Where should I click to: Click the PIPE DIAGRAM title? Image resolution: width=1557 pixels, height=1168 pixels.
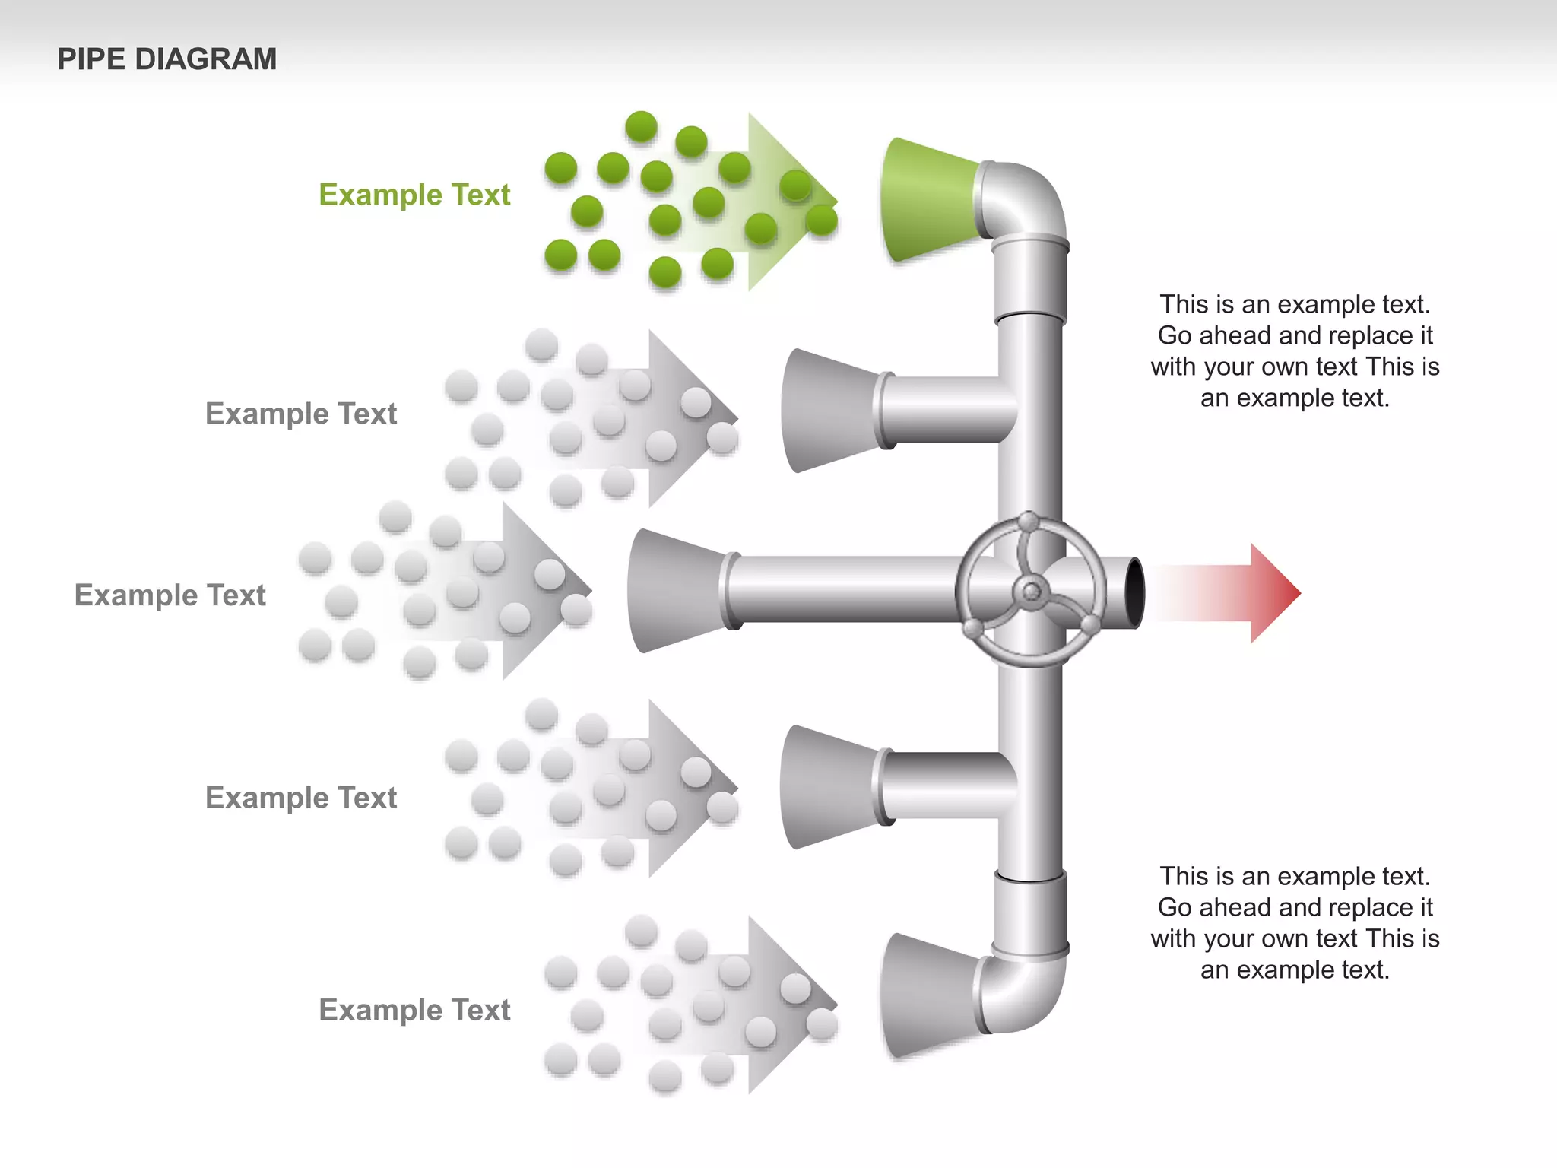click(x=166, y=59)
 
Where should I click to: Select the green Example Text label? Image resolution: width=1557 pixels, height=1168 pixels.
click(x=414, y=195)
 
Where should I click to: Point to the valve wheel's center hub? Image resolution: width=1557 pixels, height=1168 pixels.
click(x=1031, y=591)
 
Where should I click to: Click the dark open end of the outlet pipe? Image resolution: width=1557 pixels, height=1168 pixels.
click(x=1134, y=592)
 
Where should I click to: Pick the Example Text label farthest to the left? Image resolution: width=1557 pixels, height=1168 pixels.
click(x=170, y=595)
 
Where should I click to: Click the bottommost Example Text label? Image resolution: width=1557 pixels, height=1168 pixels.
click(x=414, y=1010)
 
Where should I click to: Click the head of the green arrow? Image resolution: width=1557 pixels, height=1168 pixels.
click(x=791, y=202)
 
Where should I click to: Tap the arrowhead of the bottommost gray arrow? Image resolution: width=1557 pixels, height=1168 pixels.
click(x=791, y=1005)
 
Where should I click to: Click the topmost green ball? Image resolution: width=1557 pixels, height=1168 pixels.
click(x=641, y=126)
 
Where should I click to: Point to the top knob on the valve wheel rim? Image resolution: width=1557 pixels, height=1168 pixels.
click(x=1028, y=522)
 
